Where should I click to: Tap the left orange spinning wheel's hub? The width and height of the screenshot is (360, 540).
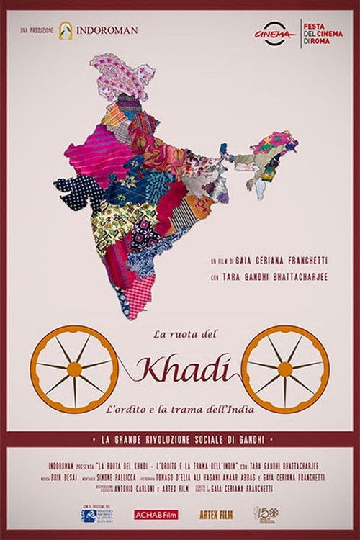click(x=74, y=369)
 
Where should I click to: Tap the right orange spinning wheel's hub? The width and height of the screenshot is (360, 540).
click(x=286, y=369)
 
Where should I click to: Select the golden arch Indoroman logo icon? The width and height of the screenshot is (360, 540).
click(x=67, y=30)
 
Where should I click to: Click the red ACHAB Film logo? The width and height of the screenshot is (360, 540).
click(x=154, y=515)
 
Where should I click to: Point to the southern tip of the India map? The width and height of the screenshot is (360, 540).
click(x=128, y=315)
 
